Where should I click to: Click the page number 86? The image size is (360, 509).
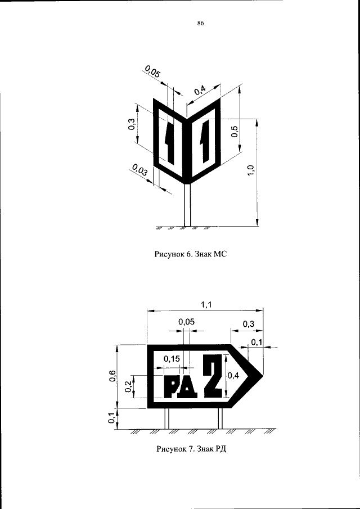pos(200,23)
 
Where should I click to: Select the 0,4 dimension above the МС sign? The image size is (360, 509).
pos(200,89)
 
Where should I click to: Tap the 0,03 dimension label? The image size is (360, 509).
pos(140,170)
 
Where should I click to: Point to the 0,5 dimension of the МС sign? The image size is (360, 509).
pos(235,131)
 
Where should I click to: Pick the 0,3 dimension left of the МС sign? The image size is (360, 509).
pos(132,124)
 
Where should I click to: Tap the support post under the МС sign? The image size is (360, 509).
pos(187,205)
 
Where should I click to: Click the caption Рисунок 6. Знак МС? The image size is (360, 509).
pos(190,254)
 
